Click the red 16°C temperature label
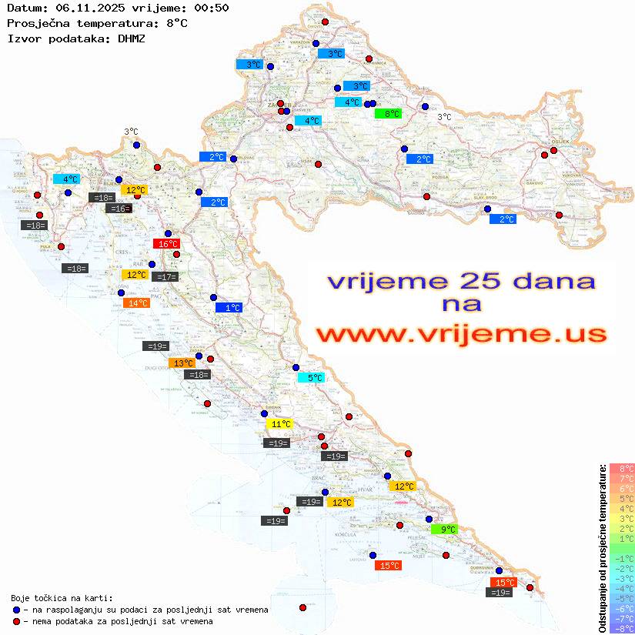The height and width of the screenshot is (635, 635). pyautogui.click(x=165, y=244)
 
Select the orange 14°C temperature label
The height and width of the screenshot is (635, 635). pyautogui.click(x=136, y=303)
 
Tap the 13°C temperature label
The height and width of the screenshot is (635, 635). pyautogui.click(x=182, y=363)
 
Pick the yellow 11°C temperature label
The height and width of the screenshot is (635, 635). pyautogui.click(x=279, y=424)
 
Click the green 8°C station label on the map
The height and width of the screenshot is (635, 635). pyautogui.click(x=388, y=114)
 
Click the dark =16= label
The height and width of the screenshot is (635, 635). pyautogui.click(x=119, y=209)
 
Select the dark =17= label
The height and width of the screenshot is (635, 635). pyautogui.click(x=165, y=277)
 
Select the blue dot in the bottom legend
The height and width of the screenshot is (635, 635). pyautogui.click(x=16, y=610)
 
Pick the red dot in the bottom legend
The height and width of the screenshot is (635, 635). pyautogui.click(x=16, y=621)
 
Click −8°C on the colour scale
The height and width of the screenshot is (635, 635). pyautogui.click(x=622, y=629)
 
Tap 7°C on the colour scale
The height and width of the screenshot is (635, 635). pyautogui.click(x=622, y=479)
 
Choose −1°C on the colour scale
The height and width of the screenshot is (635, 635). pyautogui.click(x=622, y=559)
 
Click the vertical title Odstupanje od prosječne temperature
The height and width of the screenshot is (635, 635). pyautogui.click(x=603, y=548)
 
